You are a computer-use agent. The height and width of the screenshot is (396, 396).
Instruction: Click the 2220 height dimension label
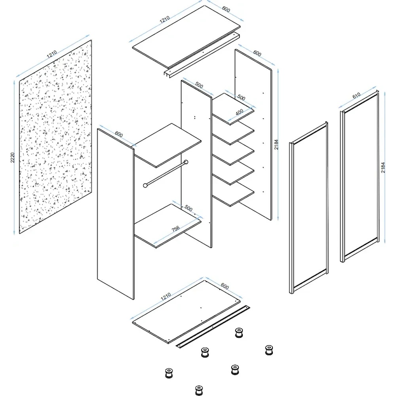point(13,158)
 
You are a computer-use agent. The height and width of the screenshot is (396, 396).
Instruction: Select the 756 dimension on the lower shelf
point(175,229)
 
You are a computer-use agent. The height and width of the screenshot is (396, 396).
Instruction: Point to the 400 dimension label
point(240,112)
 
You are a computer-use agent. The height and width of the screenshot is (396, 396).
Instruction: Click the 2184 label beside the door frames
point(383,168)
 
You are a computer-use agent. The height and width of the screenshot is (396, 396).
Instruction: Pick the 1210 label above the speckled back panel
point(52,54)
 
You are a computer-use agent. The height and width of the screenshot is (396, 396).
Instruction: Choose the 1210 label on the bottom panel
point(166,296)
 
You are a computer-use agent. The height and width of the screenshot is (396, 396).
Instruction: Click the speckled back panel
point(55,137)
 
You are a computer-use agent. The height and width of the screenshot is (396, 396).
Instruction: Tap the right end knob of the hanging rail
point(186,162)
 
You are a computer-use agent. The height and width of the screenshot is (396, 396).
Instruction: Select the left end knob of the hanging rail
point(145,185)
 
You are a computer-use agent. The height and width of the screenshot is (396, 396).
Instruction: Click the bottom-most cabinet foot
point(199,390)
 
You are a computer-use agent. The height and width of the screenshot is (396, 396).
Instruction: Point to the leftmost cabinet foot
point(169,373)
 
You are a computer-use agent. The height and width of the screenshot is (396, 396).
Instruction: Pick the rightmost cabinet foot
point(269,350)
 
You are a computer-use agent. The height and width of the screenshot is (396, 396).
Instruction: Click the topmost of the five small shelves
point(233,109)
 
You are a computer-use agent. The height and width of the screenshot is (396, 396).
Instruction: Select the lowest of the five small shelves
point(233,194)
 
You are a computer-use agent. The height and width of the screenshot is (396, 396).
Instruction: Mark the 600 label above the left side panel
point(119,134)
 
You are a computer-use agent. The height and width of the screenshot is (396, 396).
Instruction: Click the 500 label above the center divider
point(199,86)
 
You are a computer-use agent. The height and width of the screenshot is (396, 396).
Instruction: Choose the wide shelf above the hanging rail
point(168,145)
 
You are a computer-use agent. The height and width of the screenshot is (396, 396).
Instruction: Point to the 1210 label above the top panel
point(165,19)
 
